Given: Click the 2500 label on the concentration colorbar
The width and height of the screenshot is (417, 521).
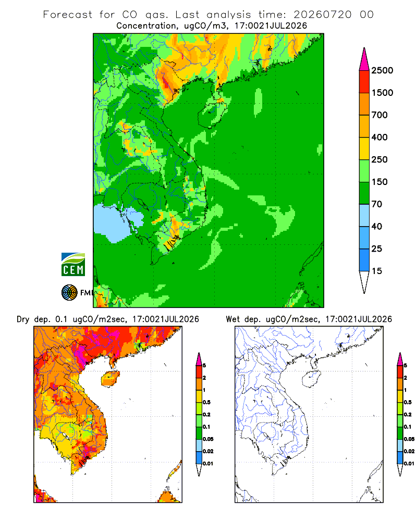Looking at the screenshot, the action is (382, 70).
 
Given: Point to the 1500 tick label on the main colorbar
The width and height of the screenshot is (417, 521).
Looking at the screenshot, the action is (382, 93).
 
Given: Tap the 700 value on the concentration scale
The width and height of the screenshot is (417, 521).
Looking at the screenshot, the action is (379, 115).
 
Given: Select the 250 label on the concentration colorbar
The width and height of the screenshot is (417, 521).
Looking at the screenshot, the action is (379, 159).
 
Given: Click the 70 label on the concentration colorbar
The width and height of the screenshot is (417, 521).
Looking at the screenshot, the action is (377, 204).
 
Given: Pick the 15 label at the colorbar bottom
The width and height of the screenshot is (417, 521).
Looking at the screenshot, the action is (377, 271).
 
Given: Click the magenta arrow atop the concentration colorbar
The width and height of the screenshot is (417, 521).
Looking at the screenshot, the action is (364, 60).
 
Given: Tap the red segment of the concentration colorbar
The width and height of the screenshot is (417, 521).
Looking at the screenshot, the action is (364, 82).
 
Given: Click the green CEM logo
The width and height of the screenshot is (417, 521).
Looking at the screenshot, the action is (73, 265).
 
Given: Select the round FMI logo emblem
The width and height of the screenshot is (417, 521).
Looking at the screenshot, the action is (69, 293).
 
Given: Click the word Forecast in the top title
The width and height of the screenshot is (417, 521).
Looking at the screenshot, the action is (68, 15).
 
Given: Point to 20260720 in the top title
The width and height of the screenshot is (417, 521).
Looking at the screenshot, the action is (323, 15).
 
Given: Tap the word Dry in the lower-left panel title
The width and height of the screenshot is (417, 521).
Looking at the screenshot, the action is (23, 319).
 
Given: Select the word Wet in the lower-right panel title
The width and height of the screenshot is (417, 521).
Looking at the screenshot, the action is (232, 319).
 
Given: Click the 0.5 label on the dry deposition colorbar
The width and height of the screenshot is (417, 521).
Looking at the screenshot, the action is (206, 402).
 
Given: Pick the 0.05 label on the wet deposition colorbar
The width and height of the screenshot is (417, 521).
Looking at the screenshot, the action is (409, 439).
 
